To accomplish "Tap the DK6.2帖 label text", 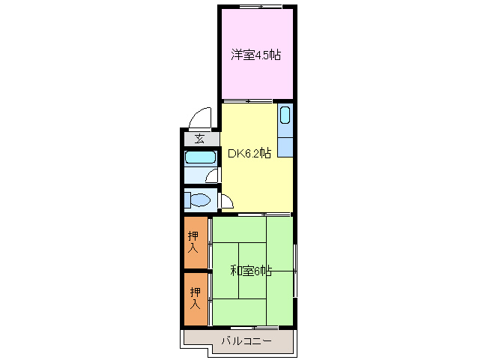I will [x=249, y=154].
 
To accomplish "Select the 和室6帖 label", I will [x=251, y=270].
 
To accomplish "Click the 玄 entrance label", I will [x=200, y=139].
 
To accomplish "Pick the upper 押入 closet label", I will [x=193, y=242].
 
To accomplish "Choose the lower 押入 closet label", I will [x=196, y=298].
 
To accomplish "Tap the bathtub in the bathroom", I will [x=199, y=158].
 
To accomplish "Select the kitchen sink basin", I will [x=285, y=115].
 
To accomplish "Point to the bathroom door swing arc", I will [x=214, y=175].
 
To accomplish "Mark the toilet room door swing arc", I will [x=226, y=201].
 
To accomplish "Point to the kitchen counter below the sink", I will [x=285, y=142].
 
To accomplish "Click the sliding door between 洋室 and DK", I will [x=247, y=100].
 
